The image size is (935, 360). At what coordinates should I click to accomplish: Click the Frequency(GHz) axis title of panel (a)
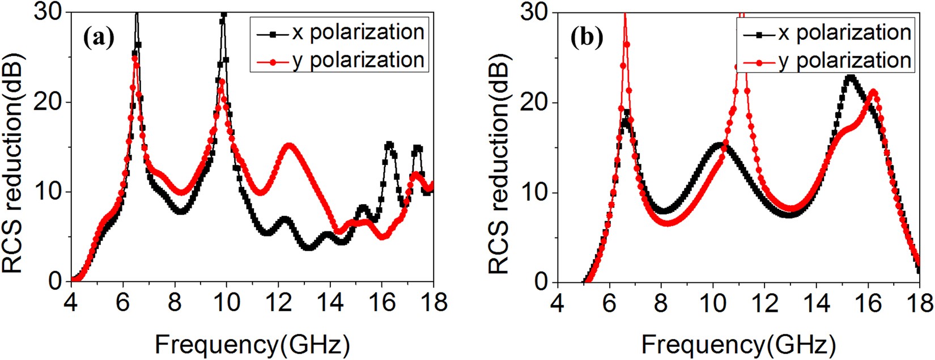coord(252,344)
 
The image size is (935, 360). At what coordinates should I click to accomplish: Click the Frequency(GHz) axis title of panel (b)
coord(738,344)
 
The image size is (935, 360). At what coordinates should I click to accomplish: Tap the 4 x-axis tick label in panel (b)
coord(558,302)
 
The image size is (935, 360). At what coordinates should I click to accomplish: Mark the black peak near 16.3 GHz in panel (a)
coord(389,145)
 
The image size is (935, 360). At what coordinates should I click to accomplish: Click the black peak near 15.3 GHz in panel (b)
coord(850,77)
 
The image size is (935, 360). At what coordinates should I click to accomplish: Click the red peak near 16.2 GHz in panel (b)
coord(874,92)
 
